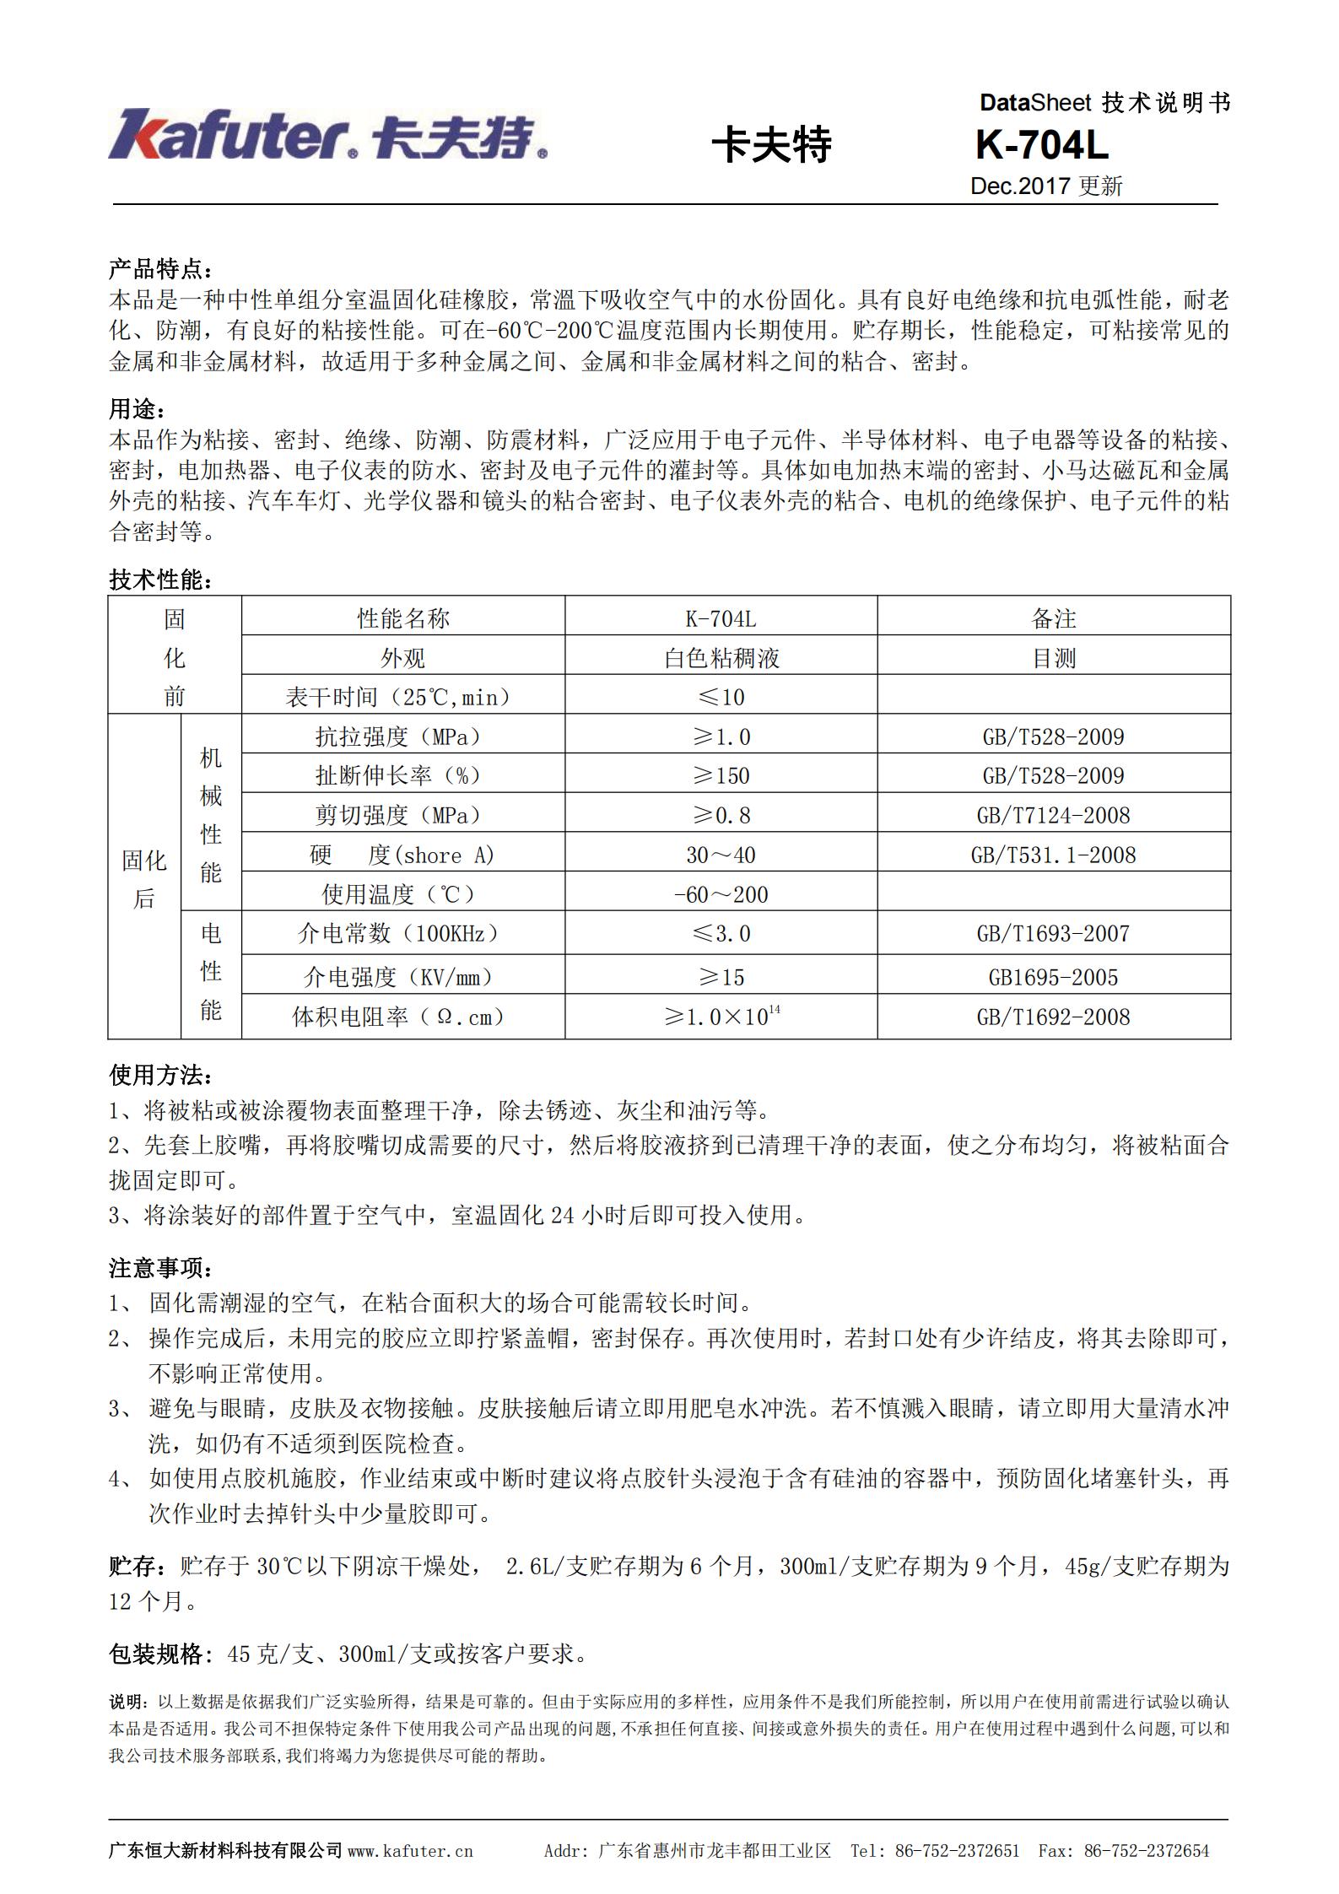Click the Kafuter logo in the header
327,135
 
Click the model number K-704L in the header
1041,146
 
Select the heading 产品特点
160,270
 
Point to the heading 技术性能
160,580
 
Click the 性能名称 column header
402,618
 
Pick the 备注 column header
1053,618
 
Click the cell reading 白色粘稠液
721,658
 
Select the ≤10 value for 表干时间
721,697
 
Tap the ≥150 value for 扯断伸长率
721,775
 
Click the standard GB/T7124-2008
1053,815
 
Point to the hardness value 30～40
721,855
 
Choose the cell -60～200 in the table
721,894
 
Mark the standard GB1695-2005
1053,977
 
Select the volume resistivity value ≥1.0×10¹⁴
721,1016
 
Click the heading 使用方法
160,1076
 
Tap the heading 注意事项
160,1268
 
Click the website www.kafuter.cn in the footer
410,1851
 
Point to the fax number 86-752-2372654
1146,1851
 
